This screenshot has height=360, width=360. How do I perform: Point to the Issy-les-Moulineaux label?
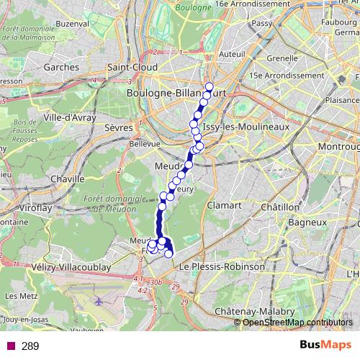(x=246, y=127)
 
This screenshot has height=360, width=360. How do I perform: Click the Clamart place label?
(x=224, y=205)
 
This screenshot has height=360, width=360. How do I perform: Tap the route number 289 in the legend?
(x=30, y=346)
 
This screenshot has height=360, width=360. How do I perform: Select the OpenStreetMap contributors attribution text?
(x=297, y=322)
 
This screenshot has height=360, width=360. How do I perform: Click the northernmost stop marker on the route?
(x=209, y=87)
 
